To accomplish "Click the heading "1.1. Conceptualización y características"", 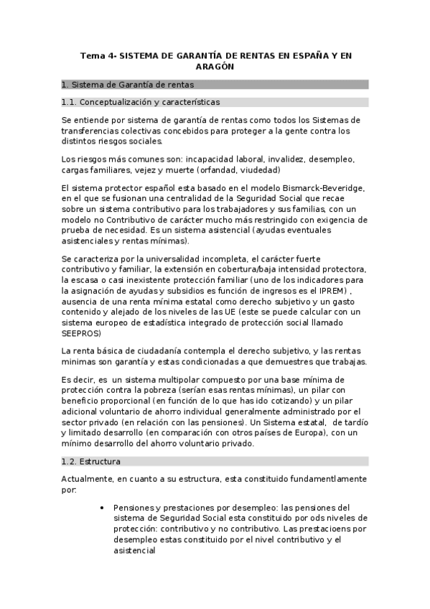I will tap(141, 102).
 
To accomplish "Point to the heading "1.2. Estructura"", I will tap(91, 460).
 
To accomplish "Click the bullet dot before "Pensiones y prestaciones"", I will tap(106, 507).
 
